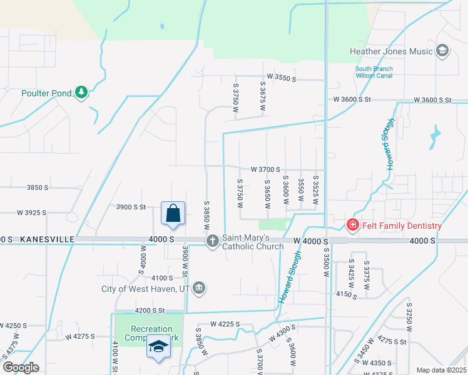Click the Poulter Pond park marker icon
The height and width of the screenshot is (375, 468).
click(x=81, y=93)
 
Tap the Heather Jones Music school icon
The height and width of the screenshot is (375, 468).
click(x=442, y=51)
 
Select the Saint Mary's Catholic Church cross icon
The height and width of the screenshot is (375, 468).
click(x=213, y=241)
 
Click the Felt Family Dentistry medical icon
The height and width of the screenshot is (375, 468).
click(x=353, y=226)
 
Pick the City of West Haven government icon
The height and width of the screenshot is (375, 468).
click(x=199, y=288)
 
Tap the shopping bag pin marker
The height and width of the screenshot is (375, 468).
click(x=173, y=214)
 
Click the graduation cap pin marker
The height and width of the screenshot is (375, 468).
click(x=158, y=346)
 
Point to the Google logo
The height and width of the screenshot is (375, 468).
click(x=21, y=367)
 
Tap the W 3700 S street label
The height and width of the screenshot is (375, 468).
click(x=265, y=169)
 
